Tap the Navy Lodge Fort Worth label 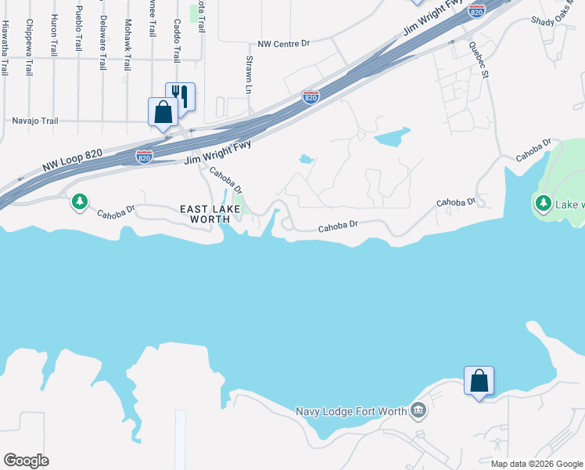pos(352,411)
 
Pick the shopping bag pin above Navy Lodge pos(479,381)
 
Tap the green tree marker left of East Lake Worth pos(79,202)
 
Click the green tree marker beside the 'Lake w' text pos(544,203)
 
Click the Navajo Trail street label pos(36,121)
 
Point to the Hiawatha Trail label pos(5,47)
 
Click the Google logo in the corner pos(25,461)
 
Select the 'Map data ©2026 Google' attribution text pos(537,464)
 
